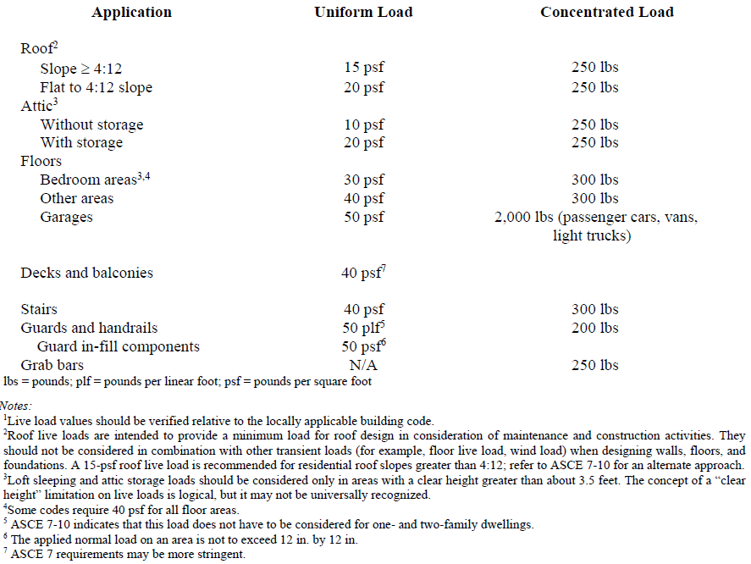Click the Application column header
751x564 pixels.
click(x=131, y=12)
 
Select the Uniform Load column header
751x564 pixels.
click(x=363, y=12)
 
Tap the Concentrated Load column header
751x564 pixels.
click(x=607, y=12)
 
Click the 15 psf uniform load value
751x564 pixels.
click(x=363, y=69)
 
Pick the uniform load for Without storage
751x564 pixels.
click(x=363, y=124)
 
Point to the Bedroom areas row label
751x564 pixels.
click(x=88, y=180)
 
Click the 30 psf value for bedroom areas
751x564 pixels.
click(x=363, y=180)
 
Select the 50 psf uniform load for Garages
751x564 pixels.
click(x=363, y=217)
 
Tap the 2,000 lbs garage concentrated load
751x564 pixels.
click(x=596, y=218)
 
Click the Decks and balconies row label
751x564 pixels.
click(x=86, y=273)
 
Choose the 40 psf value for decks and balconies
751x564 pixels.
click(x=363, y=273)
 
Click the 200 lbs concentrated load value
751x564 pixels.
click(x=595, y=328)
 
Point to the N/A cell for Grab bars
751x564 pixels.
click(x=363, y=365)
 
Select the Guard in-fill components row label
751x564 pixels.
click(x=119, y=346)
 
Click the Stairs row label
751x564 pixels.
click(x=39, y=309)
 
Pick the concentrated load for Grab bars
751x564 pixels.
click(x=595, y=365)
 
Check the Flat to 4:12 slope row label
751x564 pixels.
click(x=96, y=87)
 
